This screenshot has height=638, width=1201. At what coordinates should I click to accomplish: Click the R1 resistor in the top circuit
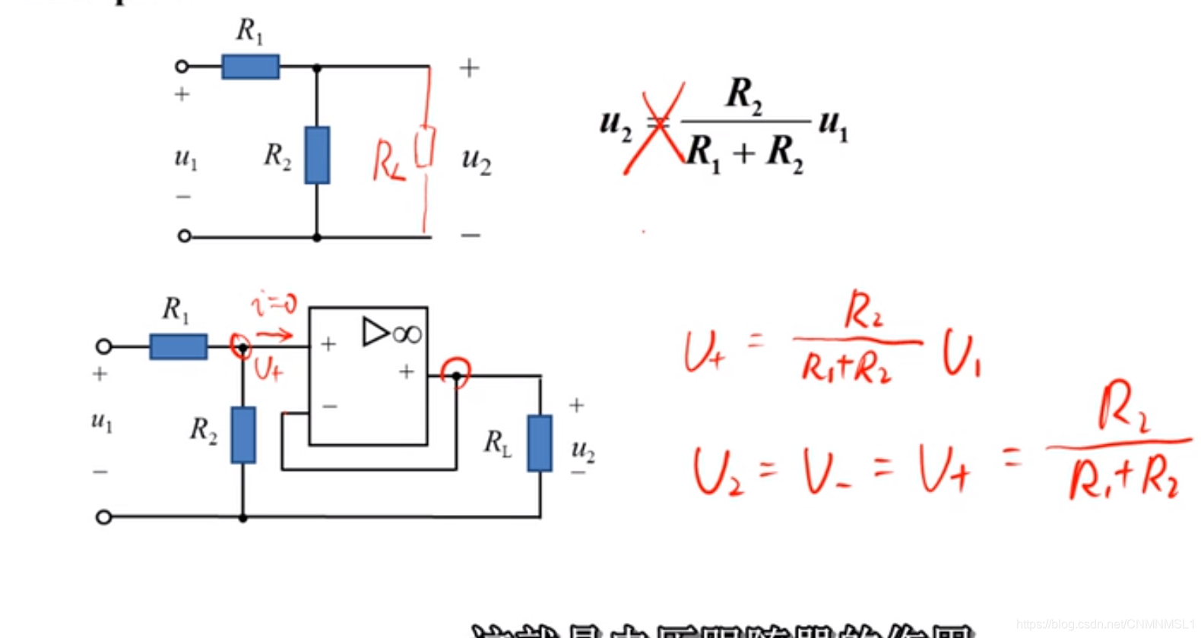point(250,67)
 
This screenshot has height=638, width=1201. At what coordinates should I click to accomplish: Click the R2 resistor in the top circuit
point(317,155)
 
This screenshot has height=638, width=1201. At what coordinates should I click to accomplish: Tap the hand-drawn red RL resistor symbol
point(425,147)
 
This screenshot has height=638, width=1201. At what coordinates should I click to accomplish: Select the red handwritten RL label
point(388,162)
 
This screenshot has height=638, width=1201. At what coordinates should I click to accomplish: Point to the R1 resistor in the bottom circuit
point(178,346)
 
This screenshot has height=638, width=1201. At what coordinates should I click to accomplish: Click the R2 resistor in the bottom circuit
point(243,435)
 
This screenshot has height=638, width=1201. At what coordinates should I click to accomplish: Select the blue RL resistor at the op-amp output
point(540,443)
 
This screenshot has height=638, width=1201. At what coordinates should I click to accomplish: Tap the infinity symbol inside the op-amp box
point(407,334)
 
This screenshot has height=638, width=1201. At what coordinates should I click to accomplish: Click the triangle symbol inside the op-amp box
point(376,332)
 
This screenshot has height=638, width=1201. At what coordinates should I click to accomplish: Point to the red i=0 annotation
point(274,305)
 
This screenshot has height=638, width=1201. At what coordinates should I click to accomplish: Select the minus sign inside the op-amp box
point(329,406)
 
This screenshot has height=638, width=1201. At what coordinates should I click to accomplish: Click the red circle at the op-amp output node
point(456,373)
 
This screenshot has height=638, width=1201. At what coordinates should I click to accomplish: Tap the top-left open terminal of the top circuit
point(182,67)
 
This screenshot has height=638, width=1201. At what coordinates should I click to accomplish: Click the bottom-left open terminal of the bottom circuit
point(103,517)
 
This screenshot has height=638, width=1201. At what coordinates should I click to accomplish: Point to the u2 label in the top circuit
point(477,161)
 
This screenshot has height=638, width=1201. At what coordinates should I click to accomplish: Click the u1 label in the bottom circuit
point(102,422)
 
